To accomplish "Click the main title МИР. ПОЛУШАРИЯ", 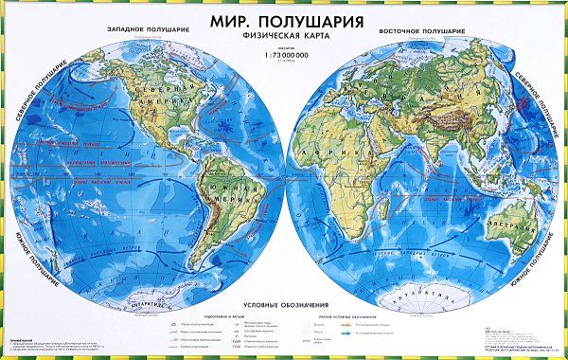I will pos(283,19).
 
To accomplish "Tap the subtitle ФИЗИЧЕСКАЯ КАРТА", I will pos(283,36).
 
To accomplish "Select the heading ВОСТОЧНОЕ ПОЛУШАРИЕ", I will pos(422,30).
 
